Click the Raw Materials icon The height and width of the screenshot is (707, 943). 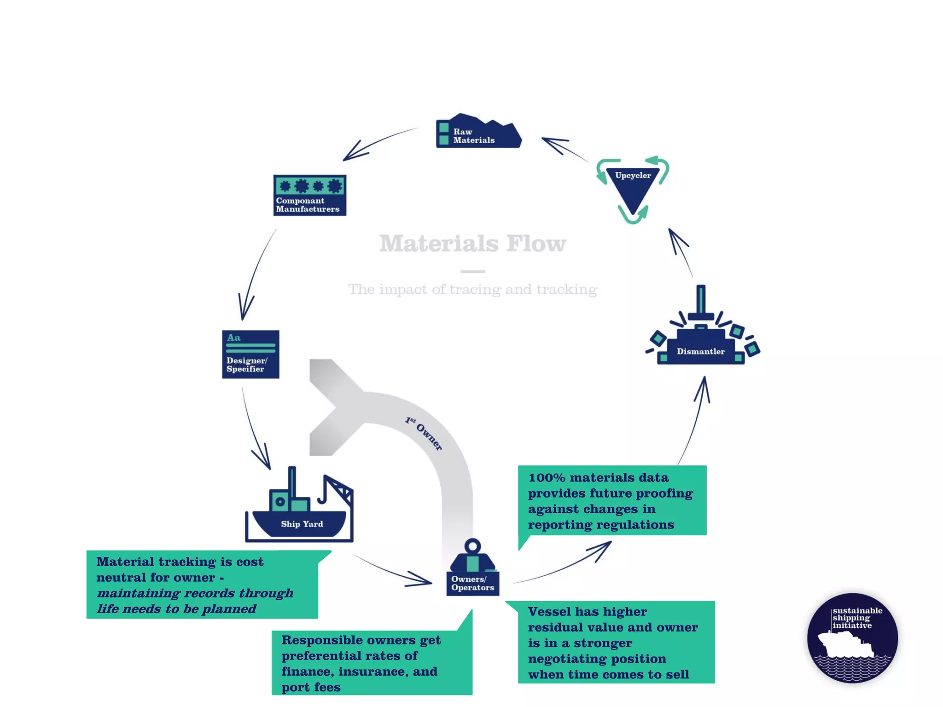[x=478, y=133]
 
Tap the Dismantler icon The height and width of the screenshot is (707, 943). [x=701, y=341]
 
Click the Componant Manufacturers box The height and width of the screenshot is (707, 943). [x=309, y=195]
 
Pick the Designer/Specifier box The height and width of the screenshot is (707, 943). [x=250, y=354]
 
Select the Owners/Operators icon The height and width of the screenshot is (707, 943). [x=472, y=571]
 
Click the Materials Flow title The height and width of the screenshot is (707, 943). [x=472, y=244]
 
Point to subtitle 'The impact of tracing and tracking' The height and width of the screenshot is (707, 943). [x=472, y=290]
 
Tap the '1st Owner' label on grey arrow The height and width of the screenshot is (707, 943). [x=424, y=433]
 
